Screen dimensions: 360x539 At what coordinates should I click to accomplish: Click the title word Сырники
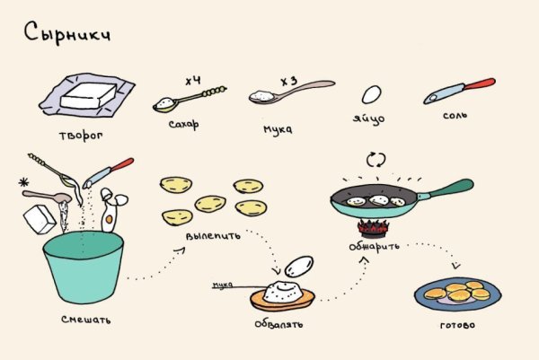click(x=67, y=35)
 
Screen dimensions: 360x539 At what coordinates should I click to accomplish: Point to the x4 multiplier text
click(x=192, y=81)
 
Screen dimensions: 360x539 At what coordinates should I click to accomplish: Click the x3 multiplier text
click(x=289, y=81)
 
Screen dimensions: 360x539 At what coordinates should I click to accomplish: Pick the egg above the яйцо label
click(x=370, y=94)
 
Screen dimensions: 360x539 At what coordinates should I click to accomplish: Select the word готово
click(x=458, y=324)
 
